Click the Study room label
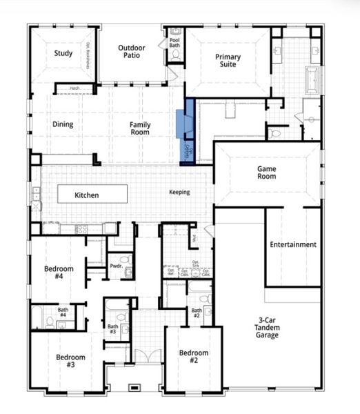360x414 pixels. [x=64, y=53]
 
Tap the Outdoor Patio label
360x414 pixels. [x=131, y=52]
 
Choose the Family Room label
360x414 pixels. [x=140, y=128]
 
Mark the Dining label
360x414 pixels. [x=63, y=125]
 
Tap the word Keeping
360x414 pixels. [x=179, y=193]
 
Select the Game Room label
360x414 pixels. [x=267, y=172]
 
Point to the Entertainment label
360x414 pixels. [x=293, y=244]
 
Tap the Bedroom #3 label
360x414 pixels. [x=71, y=361]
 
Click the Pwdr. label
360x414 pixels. [x=116, y=266]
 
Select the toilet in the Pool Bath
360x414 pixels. [x=176, y=53]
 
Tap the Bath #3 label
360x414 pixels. [x=112, y=329]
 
